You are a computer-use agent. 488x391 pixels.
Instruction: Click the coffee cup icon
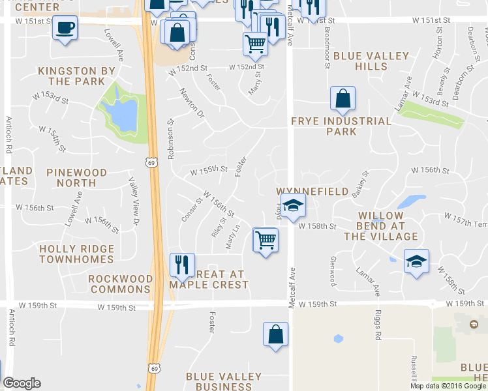point(65,28)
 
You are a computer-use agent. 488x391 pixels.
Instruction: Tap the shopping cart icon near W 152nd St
point(255,44)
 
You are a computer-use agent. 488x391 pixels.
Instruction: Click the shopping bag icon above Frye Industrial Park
point(343,99)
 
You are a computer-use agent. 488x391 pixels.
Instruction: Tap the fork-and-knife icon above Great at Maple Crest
point(181,264)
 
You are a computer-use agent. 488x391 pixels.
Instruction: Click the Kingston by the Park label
point(76,76)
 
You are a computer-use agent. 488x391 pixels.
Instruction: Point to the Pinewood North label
point(77,177)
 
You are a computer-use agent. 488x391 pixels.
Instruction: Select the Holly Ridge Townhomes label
point(77,253)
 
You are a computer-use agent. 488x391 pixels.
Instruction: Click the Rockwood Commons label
point(120,284)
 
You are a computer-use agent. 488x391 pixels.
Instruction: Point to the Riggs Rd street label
point(378,329)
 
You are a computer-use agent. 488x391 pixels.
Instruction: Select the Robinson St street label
point(171,139)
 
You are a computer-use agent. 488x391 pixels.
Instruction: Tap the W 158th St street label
point(317,226)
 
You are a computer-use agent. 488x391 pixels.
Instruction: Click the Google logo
point(22,383)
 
